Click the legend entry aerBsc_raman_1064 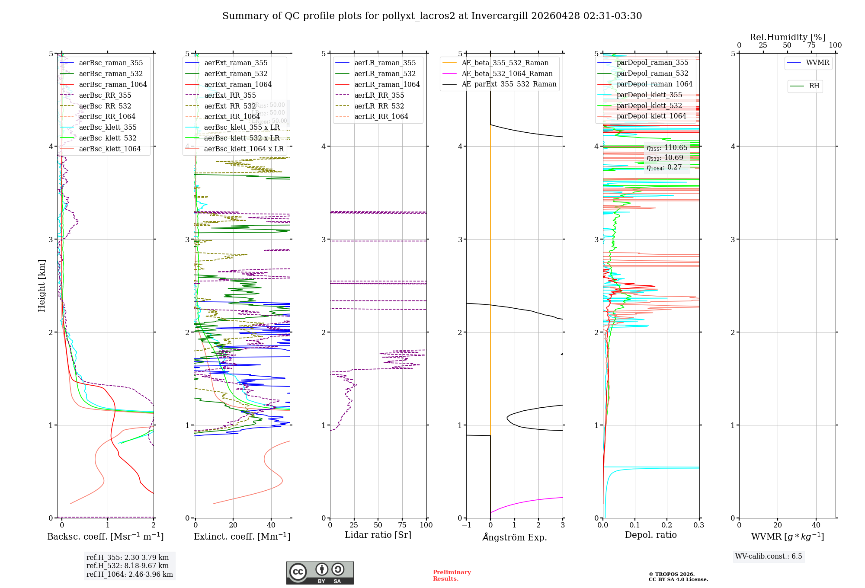pos(112,85)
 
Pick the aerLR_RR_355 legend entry pos(379,95)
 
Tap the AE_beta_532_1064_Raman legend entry pos(507,74)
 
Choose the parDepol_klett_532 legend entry pos(649,105)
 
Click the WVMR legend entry pos(817,63)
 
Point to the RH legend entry pos(814,86)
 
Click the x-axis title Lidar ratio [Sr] pos(378,535)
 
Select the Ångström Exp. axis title pos(514,537)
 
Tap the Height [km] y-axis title pos(42,286)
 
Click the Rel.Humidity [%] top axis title pos(787,37)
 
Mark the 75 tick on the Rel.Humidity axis pos(811,45)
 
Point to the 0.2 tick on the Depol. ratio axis pos(667,525)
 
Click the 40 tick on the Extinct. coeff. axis pos(271,525)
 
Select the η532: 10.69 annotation pos(665,158)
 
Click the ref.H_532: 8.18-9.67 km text pos(127,566)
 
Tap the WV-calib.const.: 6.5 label pos(768,556)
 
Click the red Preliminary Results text pos(452,575)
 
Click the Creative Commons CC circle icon pos(298,572)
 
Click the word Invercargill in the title pos(500,16)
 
